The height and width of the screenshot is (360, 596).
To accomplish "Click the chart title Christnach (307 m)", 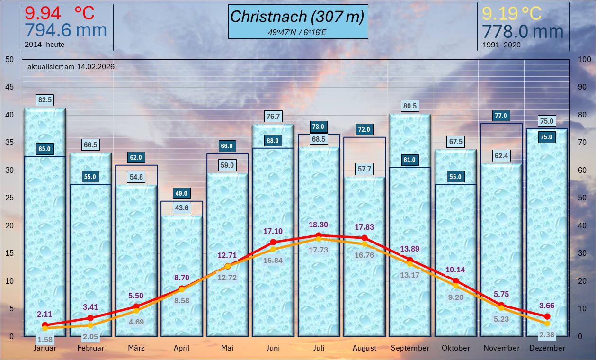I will click(x=297, y=17).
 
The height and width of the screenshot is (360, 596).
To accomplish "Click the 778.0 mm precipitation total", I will click(x=523, y=32).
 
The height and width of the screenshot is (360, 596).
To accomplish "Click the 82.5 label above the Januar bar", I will click(x=45, y=100).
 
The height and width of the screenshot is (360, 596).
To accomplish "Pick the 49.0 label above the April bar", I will click(x=182, y=193).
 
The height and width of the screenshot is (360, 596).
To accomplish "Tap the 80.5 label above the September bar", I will click(x=410, y=106).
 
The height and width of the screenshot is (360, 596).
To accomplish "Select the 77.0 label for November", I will click(x=501, y=116).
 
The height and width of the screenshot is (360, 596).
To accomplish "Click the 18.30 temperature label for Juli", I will click(x=319, y=225).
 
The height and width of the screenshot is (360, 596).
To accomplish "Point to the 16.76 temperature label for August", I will click(x=364, y=255).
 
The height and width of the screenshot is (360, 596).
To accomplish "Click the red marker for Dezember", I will click(x=547, y=316).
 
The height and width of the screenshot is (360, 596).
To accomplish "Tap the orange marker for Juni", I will click(x=273, y=249).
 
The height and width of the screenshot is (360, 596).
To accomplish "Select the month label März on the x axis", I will click(x=136, y=348).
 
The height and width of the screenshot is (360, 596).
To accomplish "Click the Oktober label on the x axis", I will click(x=456, y=348).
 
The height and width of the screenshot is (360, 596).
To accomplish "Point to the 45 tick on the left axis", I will click(x=9, y=87).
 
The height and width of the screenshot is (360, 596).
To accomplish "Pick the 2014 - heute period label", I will click(x=44, y=45).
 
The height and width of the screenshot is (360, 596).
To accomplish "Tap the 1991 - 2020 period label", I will click(x=501, y=45).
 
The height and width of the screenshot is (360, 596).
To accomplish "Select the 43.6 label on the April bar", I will click(x=182, y=207).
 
